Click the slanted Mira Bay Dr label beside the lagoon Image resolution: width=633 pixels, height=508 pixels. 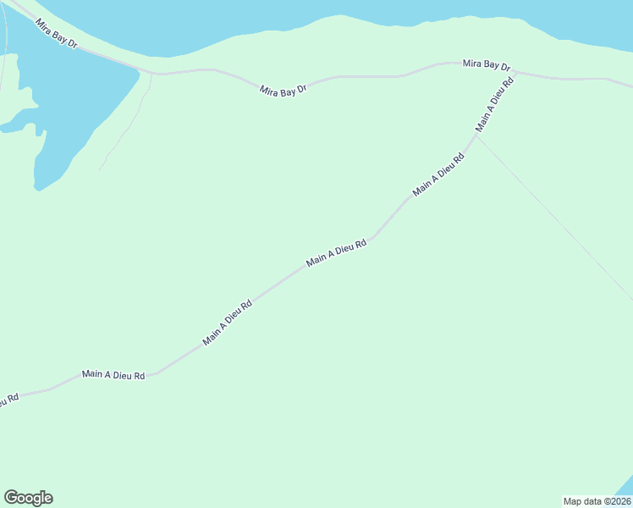[56, 33]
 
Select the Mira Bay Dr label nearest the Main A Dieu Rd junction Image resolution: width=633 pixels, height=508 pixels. [487, 65]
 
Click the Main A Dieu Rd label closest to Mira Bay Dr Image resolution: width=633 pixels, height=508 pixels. [495, 108]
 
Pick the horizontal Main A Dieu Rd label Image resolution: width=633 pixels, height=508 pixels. [113, 374]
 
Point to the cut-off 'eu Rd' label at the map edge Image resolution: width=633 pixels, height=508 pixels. [8, 400]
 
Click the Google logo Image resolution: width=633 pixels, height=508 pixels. [28, 498]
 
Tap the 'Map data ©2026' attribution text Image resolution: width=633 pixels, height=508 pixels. [597, 501]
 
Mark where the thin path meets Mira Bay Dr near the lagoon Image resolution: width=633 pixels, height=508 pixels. [151, 74]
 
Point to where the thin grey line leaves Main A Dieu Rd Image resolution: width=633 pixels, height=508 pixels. [476, 135]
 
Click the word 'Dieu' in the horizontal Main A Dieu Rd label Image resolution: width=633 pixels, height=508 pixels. [123, 374]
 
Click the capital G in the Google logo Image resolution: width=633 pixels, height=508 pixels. [11, 498]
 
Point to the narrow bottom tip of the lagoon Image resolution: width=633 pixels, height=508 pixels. [39, 187]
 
